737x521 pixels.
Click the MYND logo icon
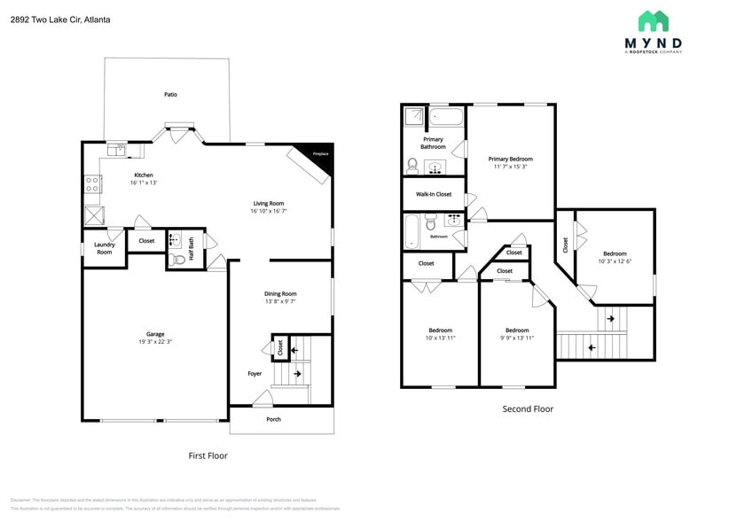654,21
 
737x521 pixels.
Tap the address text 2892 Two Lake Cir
60,19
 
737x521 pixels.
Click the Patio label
170,94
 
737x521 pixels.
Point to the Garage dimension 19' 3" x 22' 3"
155,342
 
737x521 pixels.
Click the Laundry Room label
105,248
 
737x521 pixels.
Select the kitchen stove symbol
91,184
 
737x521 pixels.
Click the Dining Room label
280,293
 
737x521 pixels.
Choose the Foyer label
255,374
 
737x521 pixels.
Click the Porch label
274,419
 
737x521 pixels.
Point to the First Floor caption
208,455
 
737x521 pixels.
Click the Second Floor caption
528,408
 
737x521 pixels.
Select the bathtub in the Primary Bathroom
447,117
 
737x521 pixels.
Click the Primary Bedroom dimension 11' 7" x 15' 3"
510,167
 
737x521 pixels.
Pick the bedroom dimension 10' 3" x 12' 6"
615,260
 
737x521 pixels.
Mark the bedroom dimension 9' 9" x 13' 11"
517,338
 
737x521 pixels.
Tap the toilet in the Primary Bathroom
412,165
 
